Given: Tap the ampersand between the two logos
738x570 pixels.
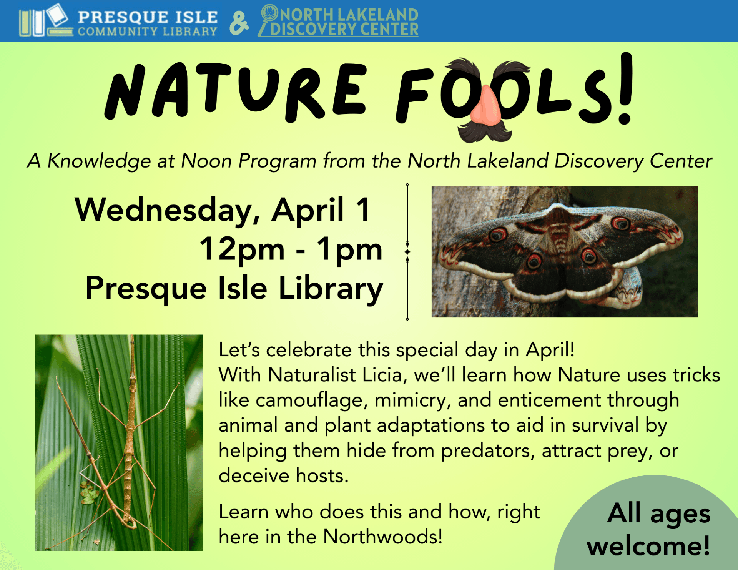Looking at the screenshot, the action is tap(239, 23).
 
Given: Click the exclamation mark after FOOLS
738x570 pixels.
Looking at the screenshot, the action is tap(626, 89).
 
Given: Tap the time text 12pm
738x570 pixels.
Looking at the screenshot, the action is tap(243, 250).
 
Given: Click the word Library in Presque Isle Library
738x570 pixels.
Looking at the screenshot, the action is tap(331, 289).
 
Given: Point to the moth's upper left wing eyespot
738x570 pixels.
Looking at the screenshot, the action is tap(498, 234).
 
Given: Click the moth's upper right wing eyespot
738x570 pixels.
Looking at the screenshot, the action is tap(620, 223).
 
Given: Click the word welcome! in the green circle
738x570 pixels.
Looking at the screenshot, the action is tap(648, 546).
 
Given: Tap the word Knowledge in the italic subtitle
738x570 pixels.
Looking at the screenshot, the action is tap(99, 161).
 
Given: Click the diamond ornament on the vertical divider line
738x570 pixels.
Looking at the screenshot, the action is tap(407, 252).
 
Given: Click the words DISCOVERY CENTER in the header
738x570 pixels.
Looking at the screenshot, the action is tap(344, 29).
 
